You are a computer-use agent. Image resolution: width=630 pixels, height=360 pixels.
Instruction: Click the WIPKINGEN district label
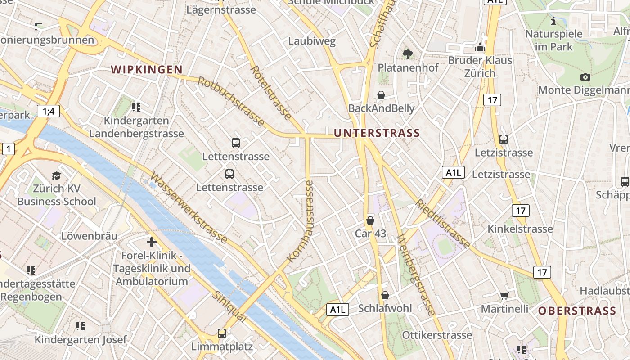click(147, 70)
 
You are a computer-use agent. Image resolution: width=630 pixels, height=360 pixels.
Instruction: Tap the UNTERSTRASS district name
click(377, 133)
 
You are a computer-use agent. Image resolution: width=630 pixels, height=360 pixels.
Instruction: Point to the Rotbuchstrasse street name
click(231, 101)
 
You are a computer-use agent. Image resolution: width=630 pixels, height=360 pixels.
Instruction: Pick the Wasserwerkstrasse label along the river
click(189, 207)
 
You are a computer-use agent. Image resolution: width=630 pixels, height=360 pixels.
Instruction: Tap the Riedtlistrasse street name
click(443, 224)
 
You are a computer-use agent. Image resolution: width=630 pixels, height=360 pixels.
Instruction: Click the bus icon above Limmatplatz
click(222, 333)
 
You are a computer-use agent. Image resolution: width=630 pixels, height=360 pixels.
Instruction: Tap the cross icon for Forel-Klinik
click(152, 242)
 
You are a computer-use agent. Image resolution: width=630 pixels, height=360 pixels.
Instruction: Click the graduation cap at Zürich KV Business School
click(56, 175)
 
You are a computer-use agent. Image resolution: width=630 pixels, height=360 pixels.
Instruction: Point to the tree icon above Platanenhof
click(408, 54)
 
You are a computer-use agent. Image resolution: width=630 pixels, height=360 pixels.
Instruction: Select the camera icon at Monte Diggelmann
click(585, 77)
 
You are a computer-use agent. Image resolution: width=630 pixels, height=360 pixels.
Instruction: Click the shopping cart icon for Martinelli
click(504, 296)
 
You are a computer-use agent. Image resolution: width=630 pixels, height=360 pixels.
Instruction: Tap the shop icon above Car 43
click(370, 220)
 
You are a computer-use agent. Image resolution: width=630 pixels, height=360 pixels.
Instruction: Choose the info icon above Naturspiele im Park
click(553, 21)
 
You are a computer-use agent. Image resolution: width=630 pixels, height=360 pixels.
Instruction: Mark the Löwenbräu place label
click(89, 236)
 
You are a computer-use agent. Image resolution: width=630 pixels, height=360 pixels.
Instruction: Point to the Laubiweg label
click(312, 42)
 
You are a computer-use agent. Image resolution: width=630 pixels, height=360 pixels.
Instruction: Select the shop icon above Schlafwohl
click(385, 295)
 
